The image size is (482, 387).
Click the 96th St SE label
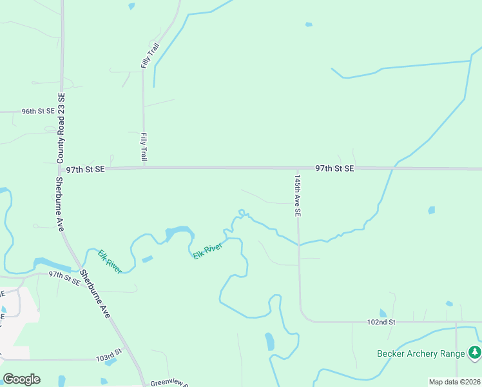tap(38, 111)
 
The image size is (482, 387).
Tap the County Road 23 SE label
tap(61, 128)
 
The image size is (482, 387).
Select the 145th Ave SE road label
tap(298, 194)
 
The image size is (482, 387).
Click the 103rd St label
tap(109, 355)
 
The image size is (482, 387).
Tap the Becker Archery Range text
tap(421, 353)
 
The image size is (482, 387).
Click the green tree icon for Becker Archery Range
tap(475, 352)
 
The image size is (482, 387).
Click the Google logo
tap(21, 379)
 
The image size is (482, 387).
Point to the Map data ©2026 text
tap(454, 382)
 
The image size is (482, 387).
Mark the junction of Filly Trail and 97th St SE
tap(144, 168)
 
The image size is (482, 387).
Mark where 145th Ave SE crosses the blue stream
tap(298, 244)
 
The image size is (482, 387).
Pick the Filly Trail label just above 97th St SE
tap(144, 147)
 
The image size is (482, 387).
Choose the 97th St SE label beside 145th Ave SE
tap(334, 168)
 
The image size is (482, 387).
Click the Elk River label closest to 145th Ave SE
tap(207, 251)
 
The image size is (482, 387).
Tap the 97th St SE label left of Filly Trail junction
tap(85, 169)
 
